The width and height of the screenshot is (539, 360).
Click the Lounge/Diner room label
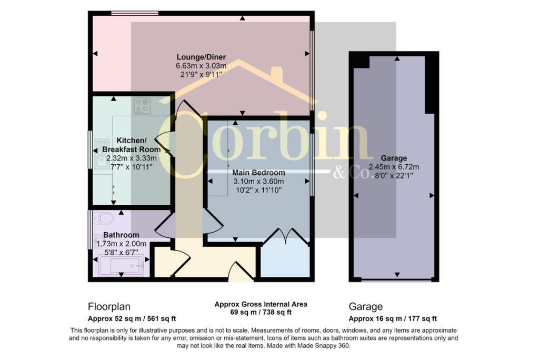201,57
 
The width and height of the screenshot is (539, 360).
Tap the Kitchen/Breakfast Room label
131,145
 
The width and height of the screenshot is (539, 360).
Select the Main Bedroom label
258,173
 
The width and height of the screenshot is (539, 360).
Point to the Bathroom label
121,235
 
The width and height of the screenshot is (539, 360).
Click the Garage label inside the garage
394,158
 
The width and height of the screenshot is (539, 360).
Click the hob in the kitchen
142,106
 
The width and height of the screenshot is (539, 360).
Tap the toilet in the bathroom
104,218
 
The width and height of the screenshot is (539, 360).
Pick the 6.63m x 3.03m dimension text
201,66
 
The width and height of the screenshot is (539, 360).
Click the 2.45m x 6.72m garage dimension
394,167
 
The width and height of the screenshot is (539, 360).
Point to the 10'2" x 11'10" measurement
258,190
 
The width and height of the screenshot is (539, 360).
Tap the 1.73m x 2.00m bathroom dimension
122,244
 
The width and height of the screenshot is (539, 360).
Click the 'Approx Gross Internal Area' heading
261,304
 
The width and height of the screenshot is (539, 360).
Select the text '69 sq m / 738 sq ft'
261,312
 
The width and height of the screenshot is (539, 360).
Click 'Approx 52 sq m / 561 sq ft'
132,319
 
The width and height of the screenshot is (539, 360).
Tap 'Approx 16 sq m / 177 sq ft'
393,319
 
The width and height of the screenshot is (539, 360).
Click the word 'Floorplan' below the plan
109,307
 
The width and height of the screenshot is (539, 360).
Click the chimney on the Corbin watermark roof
277,73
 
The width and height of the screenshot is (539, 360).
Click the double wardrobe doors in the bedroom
286,236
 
